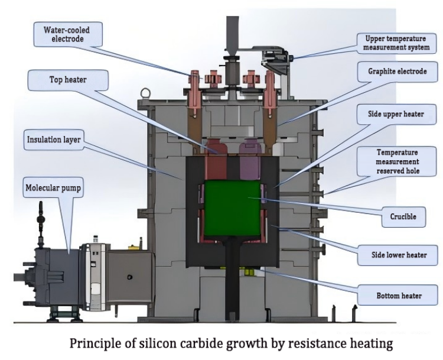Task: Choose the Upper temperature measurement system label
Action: (x=394, y=41)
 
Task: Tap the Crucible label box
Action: (x=403, y=216)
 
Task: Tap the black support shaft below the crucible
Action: (x=231, y=278)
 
